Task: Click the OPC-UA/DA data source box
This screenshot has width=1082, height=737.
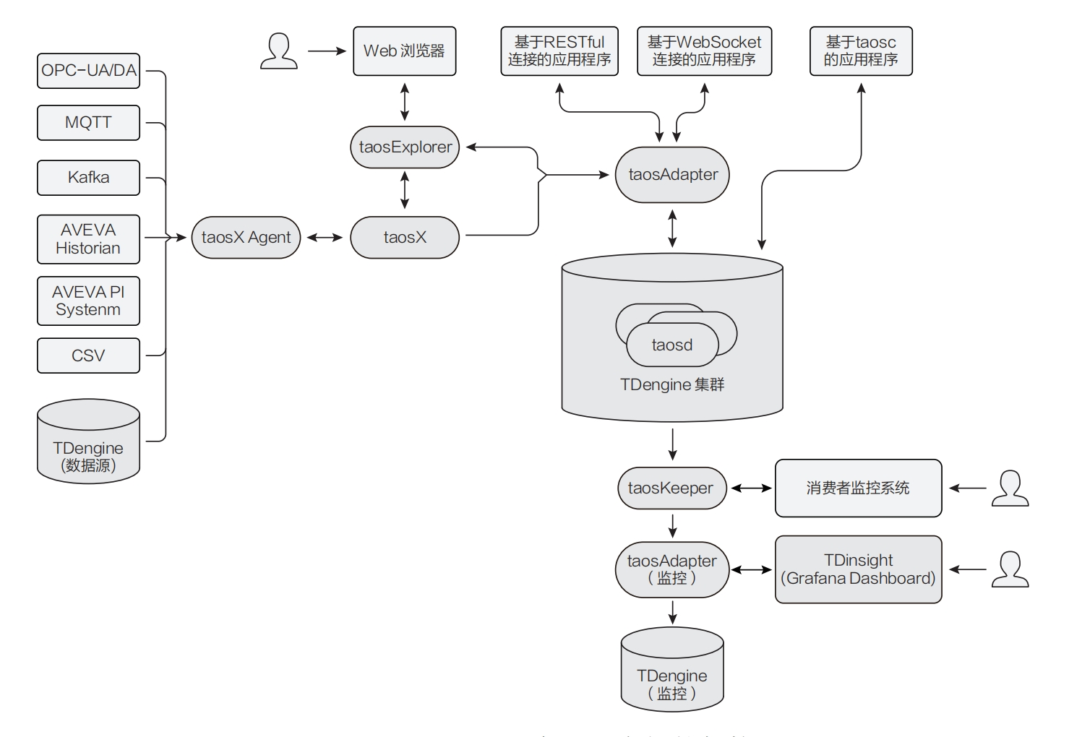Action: pyautogui.click(x=88, y=71)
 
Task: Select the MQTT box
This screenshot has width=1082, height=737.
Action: pyautogui.click(x=88, y=122)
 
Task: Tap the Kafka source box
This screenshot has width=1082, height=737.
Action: pyautogui.click(x=88, y=178)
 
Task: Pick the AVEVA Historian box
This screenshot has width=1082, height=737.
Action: pyautogui.click(x=88, y=239)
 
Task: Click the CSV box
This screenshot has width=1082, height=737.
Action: pyautogui.click(x=88, y=355)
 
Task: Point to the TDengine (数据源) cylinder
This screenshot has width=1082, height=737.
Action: pyautogui.click(x=88, y=444)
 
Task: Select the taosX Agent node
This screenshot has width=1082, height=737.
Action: pyautogui.click(x=246, y=238)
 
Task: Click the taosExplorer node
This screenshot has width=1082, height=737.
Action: pyautogui.click(x=405, y=147)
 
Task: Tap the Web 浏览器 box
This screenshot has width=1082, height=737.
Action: pyautogui.click(x=404, y=51)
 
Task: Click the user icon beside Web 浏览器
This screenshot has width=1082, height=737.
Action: pyautogui.click(x=278, y=51)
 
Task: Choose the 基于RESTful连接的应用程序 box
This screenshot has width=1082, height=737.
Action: pyautogui.click(x=559, y=51)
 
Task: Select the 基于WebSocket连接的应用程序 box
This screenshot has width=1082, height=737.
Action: pyautogui.click(x=704, y=51)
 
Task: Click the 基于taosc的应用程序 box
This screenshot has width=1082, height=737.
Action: pyautogui.click(x=861, y=51)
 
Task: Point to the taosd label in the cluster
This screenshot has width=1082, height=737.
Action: pyautogui.click(x=672, y=345)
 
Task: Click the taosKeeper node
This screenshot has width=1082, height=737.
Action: pyautogui.click(x=671, y=488)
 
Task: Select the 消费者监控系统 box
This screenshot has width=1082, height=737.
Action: pyautogui.click(x=858, y=488)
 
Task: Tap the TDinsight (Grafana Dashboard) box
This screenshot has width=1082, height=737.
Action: pyautogui.click(x=858, y=569)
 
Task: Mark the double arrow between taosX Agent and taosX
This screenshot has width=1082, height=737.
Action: pyautogui.click(x=325, y=238)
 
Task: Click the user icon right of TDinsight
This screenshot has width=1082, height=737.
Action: pyautogui.click(x=1010, y=569)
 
